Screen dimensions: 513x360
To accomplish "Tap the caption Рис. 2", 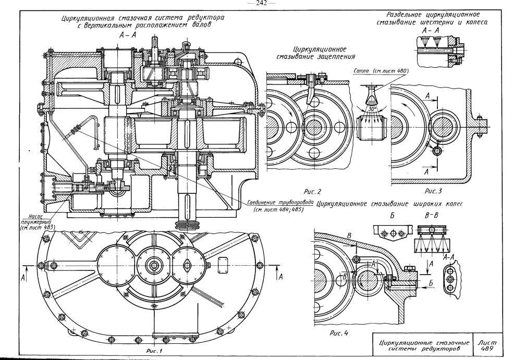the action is (313, 191).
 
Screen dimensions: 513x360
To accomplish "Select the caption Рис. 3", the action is (433, 191).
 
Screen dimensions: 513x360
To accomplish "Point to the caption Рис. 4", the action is (338, 333).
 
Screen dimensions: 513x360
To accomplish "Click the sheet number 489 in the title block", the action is (486, 349).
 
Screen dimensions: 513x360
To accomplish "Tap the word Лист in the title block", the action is (487, 343).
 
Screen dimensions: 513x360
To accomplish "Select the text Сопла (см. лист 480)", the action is (381, 71).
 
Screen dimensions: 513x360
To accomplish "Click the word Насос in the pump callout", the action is (34, 216).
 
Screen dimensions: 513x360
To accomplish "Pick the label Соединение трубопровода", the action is (280, 202).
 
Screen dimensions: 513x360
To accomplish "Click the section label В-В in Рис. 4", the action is (431, 216).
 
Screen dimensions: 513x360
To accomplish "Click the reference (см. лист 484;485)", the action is (278, 209).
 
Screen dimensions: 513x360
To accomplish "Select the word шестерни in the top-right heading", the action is (436, 22).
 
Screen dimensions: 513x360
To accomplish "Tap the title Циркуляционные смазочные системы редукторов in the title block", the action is (424, 346).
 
